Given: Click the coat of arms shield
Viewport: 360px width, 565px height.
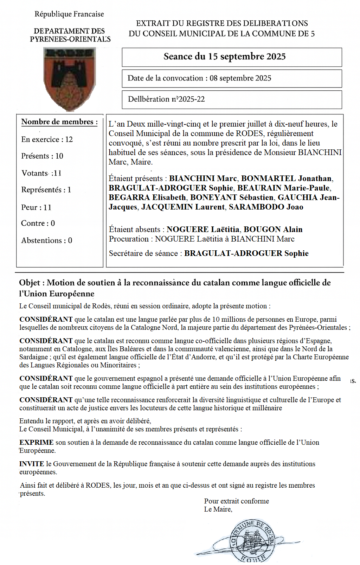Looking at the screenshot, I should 70,79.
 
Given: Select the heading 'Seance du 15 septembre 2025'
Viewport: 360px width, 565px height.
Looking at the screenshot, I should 224,57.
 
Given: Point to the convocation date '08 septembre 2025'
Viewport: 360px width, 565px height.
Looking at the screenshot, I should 240,78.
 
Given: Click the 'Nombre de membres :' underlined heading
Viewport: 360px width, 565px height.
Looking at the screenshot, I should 59,122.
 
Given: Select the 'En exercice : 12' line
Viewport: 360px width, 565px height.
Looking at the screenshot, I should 47,140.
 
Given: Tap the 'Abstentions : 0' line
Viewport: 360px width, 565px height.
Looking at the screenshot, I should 46,240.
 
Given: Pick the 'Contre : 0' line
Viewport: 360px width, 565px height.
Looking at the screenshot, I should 38,223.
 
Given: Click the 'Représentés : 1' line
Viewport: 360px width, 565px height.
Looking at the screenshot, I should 46,190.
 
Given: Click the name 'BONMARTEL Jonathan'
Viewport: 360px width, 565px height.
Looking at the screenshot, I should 286,179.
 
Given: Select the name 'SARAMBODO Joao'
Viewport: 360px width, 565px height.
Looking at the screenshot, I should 266,207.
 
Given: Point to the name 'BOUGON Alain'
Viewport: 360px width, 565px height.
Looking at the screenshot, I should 273,230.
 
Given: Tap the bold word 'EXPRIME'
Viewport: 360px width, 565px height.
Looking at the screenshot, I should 36,442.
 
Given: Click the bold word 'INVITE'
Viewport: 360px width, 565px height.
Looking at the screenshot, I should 32,464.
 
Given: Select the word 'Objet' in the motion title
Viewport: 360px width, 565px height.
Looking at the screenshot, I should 30,283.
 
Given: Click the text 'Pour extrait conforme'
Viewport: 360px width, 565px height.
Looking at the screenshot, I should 236,501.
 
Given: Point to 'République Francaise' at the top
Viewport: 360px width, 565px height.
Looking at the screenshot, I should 69,14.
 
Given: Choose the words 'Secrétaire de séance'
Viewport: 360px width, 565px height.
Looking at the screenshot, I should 143,253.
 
